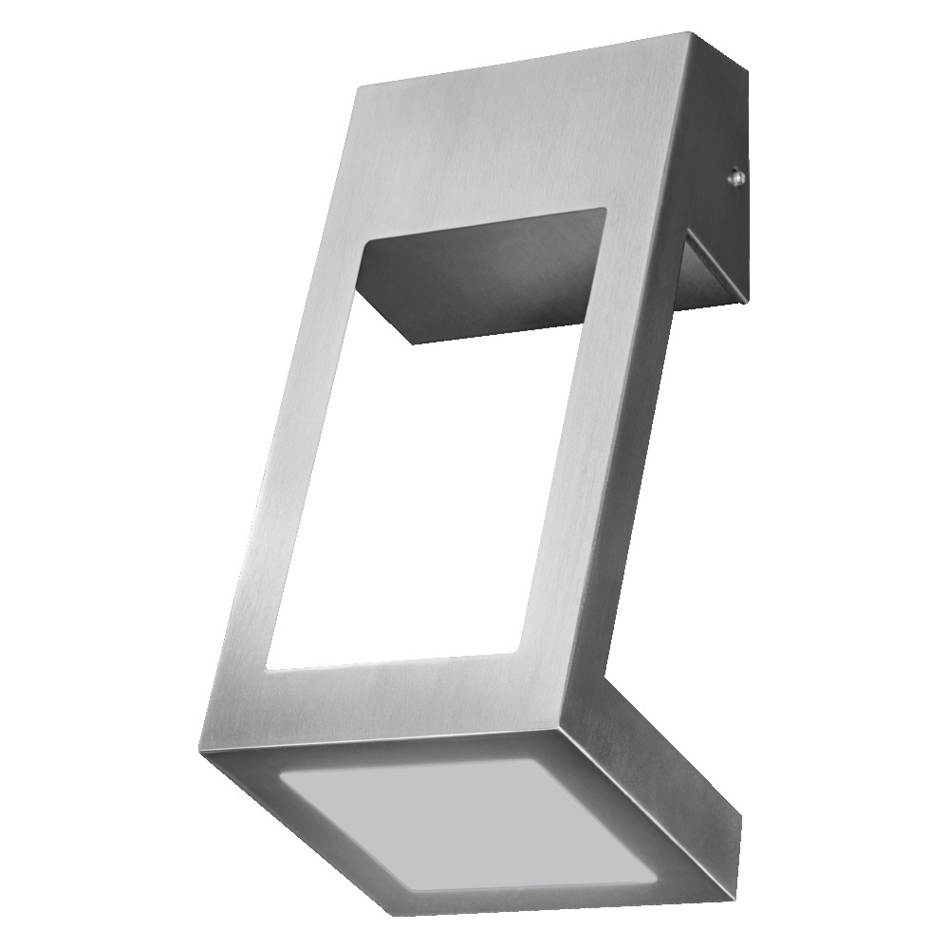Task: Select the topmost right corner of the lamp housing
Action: pos(691,35)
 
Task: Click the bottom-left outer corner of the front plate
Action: pos(199,750)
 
